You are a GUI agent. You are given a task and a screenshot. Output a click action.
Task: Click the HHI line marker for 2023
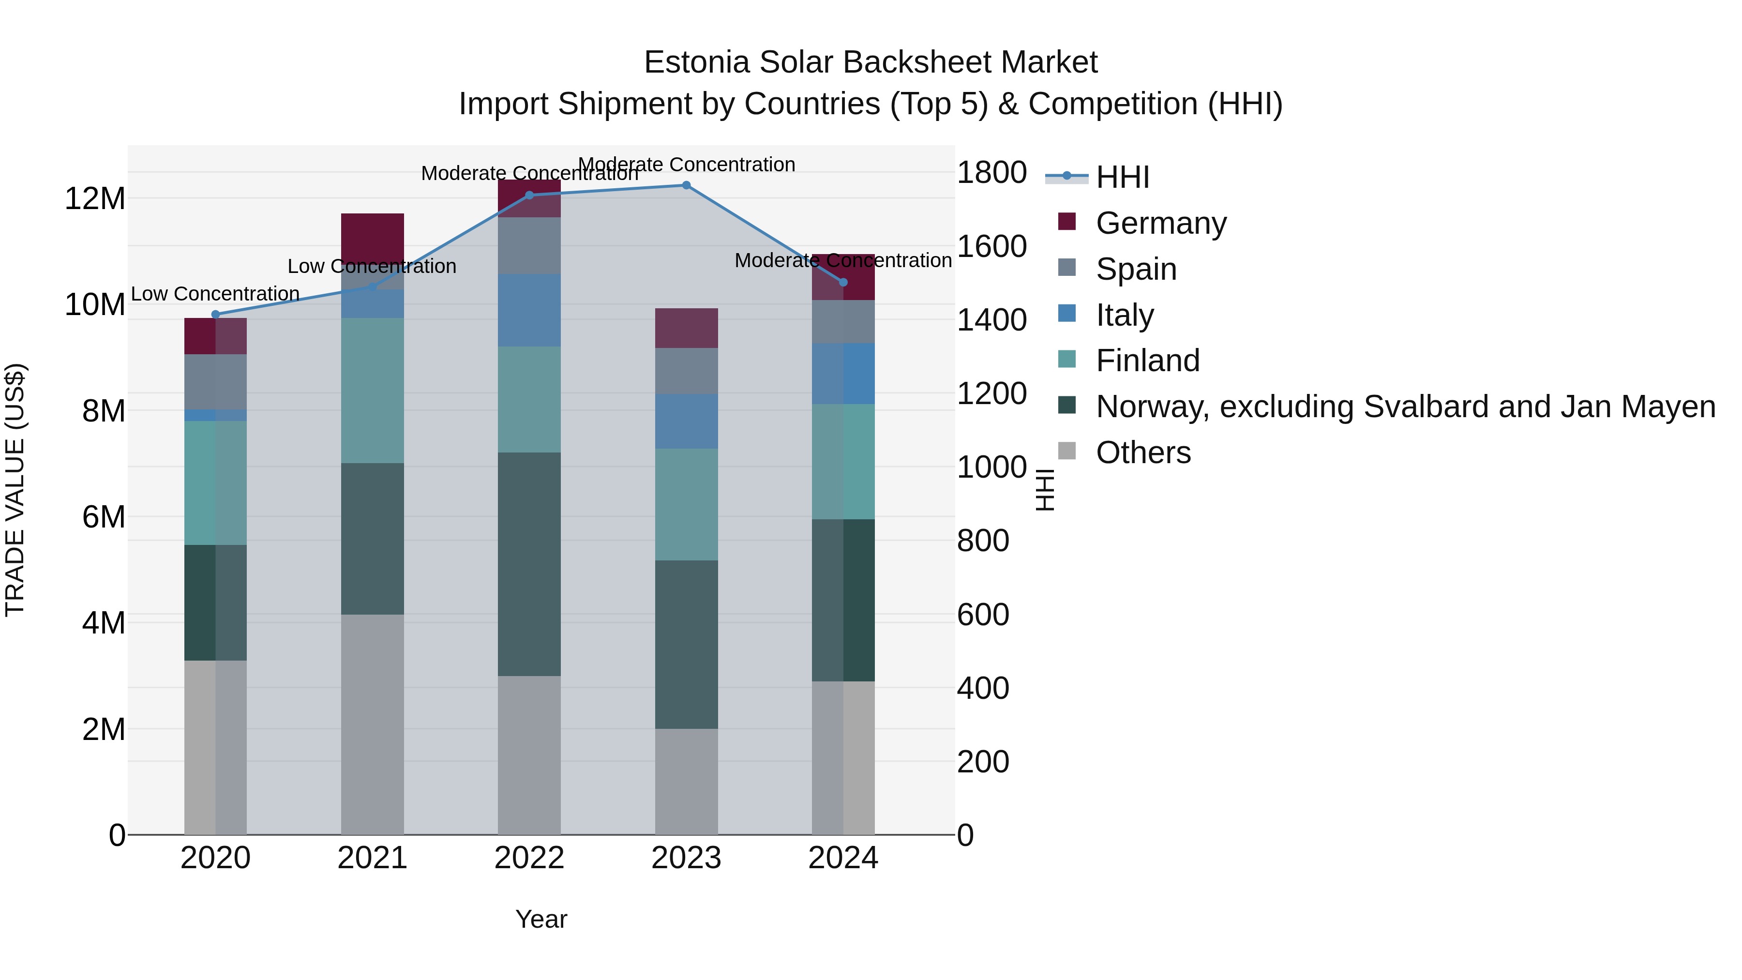tap(686, 185)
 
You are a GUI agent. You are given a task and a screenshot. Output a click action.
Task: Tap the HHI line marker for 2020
tap(216, 315)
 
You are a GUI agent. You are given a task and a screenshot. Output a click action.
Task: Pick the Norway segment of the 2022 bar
tap(529, 564)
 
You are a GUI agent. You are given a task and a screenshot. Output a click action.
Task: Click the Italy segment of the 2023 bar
tap(686, 422)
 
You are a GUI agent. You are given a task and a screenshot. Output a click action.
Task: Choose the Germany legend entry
tap(1160, 223)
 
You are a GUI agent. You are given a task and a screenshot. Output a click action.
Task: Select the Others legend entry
tap(1143, 452)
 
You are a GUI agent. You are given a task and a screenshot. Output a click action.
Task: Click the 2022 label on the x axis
tap(529, 858)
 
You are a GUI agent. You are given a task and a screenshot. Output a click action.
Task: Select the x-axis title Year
tap(541, 919)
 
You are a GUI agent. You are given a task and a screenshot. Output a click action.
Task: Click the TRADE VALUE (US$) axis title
tap(15, 490)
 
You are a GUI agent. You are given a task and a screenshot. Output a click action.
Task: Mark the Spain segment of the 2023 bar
tap(686, 371)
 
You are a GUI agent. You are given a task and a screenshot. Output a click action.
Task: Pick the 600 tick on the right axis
tap(983, 615)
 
